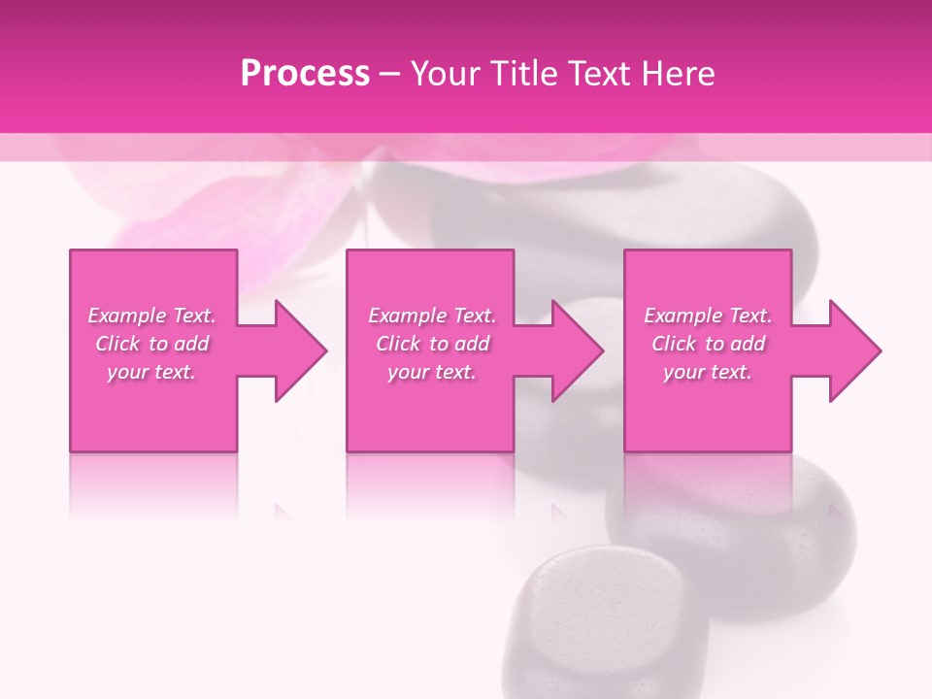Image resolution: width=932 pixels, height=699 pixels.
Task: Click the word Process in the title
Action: pos(305,74)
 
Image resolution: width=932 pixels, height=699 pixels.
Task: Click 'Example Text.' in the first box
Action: pos(151,316)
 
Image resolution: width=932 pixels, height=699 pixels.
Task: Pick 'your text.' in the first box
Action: pos(151,372)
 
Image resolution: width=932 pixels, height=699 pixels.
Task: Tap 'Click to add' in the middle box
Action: pos(432,344)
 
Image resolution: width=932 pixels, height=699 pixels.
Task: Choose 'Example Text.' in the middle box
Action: pos(432,316)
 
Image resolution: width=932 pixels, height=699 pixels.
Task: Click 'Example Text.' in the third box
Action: pos(708,316)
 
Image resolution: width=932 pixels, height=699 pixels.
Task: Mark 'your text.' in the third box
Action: pos(708,372)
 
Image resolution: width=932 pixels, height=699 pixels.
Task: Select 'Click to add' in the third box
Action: pos(708,344)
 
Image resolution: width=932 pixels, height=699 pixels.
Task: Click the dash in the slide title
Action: pos(389,74)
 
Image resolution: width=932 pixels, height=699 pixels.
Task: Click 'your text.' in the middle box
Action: pos(432,372)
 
